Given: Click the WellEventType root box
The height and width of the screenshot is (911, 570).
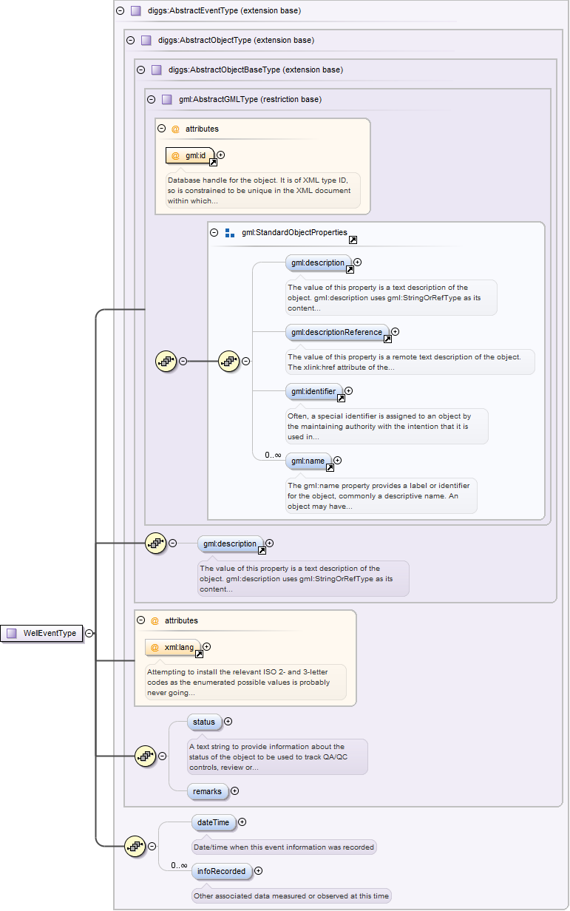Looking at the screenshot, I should tap(42, 633).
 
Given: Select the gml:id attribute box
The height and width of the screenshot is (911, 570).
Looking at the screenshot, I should tap(190, 155).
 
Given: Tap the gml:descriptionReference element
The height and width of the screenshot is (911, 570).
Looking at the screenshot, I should tap(337, 332).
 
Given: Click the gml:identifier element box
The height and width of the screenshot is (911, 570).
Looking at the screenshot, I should tap(313, 391).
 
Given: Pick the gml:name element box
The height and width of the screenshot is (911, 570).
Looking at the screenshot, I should tap(308, 461).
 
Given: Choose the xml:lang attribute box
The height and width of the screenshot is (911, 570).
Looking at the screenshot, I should tap(173, 648).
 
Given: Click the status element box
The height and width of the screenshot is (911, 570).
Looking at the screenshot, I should tap(203, 722).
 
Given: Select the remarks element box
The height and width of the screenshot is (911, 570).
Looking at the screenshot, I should tap(207, 791).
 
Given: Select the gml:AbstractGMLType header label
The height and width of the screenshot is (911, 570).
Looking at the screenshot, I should tap(250, 99).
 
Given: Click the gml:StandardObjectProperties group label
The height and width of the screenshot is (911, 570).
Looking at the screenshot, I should tap(294, 232).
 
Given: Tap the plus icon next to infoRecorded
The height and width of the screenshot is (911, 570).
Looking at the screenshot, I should tap(259, 871).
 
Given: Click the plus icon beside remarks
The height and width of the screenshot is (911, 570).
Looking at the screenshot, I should tap(235, 791).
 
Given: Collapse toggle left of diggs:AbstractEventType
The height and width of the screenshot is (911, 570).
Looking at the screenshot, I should tap(120, 11).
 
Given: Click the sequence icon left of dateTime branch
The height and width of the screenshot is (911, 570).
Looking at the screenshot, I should tap(135, 846).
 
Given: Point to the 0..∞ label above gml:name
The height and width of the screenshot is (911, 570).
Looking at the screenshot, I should tap(273, 455).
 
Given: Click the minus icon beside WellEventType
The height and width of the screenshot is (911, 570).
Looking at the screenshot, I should tap(89, 633).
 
